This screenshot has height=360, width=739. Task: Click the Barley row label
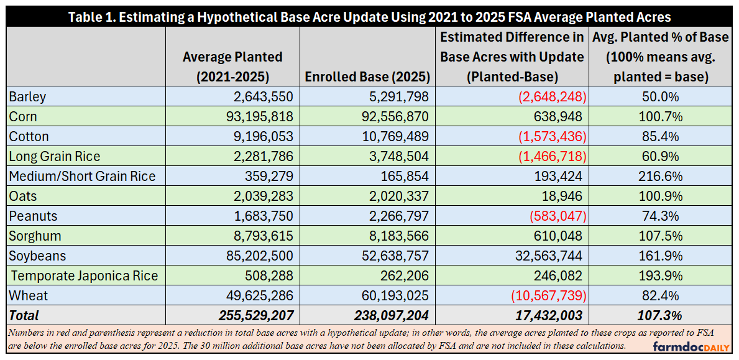point(28,97)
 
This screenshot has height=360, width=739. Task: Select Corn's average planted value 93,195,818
point(255,116)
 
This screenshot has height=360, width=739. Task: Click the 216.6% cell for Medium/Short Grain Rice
point(661,176)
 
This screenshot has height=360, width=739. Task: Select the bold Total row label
point(24,315)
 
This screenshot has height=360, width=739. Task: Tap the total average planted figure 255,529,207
point(256,315)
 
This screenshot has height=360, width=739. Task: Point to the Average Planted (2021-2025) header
point(232,67)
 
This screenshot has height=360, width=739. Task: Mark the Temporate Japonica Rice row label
point(84,275)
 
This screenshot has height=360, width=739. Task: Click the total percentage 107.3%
point(661,315)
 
